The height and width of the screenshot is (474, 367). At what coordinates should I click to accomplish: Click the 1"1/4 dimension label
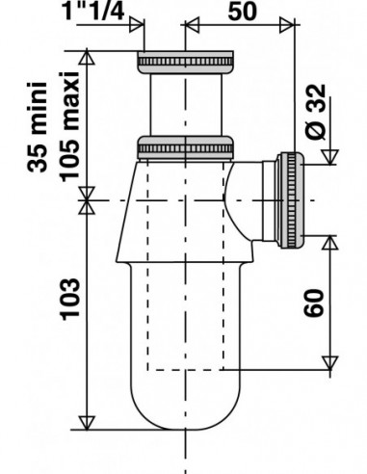pos(94,11)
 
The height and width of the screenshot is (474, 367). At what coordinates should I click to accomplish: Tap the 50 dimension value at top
pos(243,12)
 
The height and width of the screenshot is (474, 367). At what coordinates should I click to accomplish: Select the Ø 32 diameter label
pos(315,112)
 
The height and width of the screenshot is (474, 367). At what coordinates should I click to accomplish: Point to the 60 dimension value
pos(313,303)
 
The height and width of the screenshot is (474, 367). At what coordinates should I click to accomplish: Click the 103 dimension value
pos(69,300)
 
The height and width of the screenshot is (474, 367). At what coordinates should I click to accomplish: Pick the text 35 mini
pos(38,127)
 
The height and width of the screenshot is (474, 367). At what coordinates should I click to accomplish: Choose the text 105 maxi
pos(69,126)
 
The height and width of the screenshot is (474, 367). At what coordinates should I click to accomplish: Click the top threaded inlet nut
pos(185,62)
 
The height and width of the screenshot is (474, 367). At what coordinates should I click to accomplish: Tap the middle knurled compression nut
pos(185,148)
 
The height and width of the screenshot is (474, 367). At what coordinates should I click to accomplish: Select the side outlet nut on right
pos(291,200)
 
